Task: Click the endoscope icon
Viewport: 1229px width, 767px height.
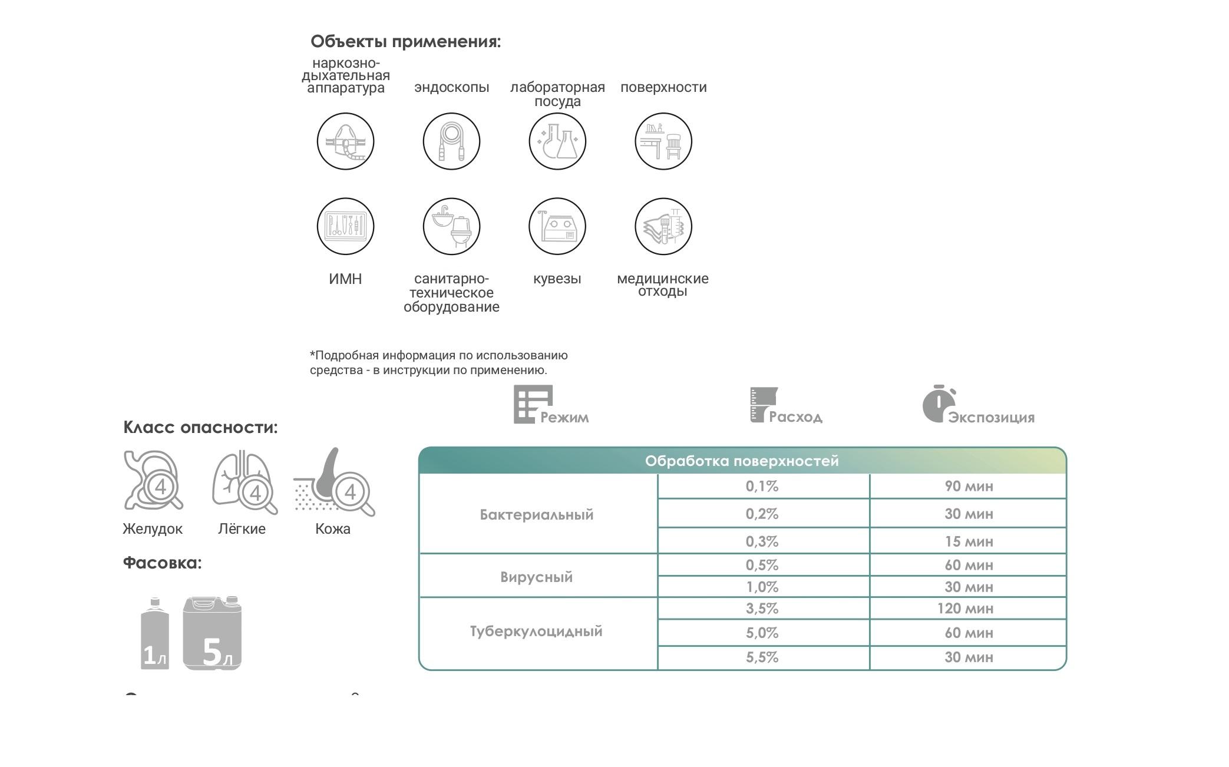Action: [451, 141]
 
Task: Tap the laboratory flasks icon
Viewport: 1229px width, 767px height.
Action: [557, 141]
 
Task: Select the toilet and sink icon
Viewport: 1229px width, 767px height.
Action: [451, 226]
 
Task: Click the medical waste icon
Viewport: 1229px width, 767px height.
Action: [663, 226]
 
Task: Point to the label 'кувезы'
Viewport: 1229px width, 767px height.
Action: [557, 279]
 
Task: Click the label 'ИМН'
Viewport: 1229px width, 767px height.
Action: [345, 279]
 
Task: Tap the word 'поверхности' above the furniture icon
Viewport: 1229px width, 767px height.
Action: [663, 87]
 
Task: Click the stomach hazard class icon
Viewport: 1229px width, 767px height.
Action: [153, 480]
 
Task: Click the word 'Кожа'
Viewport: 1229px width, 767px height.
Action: [333, 529]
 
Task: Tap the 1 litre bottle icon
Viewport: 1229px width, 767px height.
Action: [155, 634]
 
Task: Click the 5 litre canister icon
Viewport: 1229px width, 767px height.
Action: [212, 634]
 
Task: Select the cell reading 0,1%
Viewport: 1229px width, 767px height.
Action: [762, 487]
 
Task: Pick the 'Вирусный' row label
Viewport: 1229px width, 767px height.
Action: [536, 577]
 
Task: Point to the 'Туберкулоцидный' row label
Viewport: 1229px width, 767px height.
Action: [536, 632]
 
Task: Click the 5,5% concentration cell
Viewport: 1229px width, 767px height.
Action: [762, 657]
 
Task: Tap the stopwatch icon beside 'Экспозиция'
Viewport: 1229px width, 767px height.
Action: [937, 404]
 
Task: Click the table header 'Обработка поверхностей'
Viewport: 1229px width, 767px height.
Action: [742, 461]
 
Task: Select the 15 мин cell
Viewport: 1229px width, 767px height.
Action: [969, 541]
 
